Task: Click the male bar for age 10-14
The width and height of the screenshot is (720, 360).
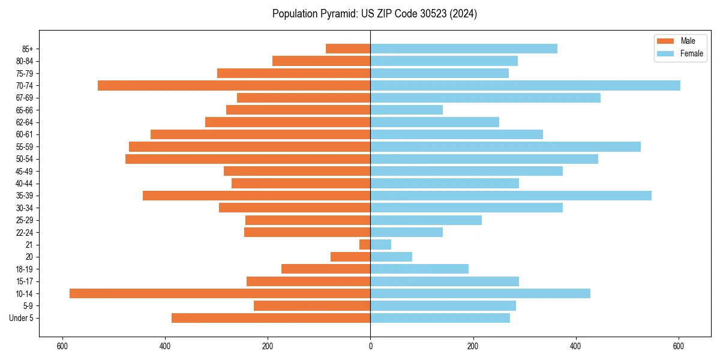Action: pos(220,293)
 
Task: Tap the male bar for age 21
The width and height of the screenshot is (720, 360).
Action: pos(365,244)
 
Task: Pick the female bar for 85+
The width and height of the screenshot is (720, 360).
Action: pos(464,49)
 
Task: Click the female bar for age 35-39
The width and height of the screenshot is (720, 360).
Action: pos(511,196)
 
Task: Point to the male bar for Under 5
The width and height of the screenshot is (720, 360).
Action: pos(271,318)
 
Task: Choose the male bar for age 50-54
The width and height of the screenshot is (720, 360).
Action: pos(248,159)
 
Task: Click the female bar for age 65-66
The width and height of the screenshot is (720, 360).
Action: pos(406,110)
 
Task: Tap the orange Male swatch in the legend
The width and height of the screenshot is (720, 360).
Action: pos(666,41)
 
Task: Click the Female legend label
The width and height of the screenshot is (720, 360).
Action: pos(692,53)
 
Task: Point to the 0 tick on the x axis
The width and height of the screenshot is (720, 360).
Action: pos(370,346)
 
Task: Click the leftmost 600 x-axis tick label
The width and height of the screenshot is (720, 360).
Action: pos(62,346)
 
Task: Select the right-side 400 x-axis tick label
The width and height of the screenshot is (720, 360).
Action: pos(576,346)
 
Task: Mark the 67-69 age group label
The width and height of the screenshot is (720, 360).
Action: pos(24,98)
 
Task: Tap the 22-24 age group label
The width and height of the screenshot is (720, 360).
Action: pos(24,232)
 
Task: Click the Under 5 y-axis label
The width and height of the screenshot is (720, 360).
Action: pos(21,318)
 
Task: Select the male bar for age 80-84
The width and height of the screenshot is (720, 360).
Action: pos(321,61)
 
